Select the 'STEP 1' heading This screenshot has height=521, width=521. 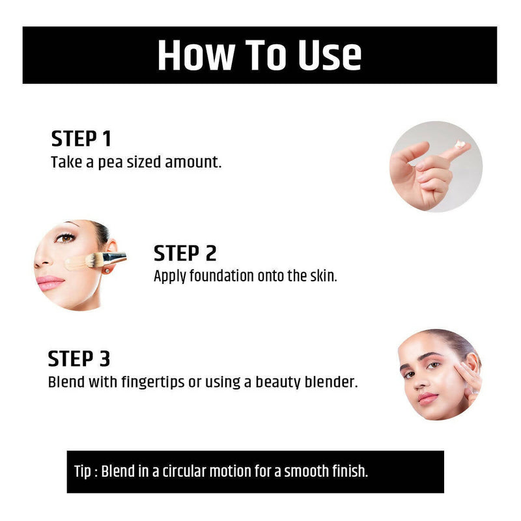click(81, 139)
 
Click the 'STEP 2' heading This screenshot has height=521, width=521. click(185, 253)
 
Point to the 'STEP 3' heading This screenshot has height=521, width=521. click(79, 359)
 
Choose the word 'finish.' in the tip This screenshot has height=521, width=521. click(351, 471)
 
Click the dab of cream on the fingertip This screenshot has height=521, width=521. click(461, 144)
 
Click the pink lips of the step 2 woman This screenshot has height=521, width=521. click(50, 282)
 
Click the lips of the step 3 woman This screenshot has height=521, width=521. click(427, 397)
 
